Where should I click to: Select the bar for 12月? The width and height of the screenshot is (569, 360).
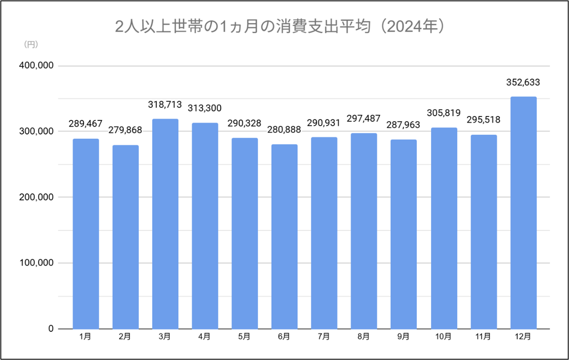click(523, 213)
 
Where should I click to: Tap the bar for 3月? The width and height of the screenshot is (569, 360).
click(165, 224)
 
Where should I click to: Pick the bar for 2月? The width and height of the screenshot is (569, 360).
click(125, 237)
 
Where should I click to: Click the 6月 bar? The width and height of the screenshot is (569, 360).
click(284, 236)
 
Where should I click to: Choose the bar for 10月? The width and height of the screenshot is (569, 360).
click(444, 228)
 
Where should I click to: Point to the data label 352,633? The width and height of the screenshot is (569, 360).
click(523, 82)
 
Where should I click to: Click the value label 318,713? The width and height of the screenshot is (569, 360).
click(165, 104)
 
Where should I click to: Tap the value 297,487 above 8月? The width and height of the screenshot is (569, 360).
click(364, 119)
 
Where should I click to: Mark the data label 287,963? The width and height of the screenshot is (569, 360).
click(403, 125)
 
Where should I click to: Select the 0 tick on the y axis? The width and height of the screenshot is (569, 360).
click(50, 329)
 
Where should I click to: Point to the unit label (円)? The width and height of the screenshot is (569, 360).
click(30, 44)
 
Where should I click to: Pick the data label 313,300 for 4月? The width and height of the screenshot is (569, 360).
click(205, 108)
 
